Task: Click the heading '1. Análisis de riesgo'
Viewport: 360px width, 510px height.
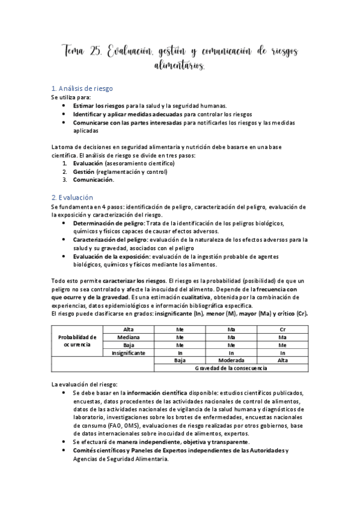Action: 82,88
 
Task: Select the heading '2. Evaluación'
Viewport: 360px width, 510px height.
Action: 72,197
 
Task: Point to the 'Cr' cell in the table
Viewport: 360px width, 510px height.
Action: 282,330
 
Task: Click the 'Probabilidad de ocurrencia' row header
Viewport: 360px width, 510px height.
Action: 77,341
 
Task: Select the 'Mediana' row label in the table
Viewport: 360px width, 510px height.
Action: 128,337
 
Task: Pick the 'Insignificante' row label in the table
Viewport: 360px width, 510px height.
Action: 128,353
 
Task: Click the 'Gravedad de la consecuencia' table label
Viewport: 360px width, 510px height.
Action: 231,368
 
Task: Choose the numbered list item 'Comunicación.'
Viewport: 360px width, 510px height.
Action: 93,179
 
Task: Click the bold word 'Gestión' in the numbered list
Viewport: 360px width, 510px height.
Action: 84,171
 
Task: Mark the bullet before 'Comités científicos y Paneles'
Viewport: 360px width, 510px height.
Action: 65,450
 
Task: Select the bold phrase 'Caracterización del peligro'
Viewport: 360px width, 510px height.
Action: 111,239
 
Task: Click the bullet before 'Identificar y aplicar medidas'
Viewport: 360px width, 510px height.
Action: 65,114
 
